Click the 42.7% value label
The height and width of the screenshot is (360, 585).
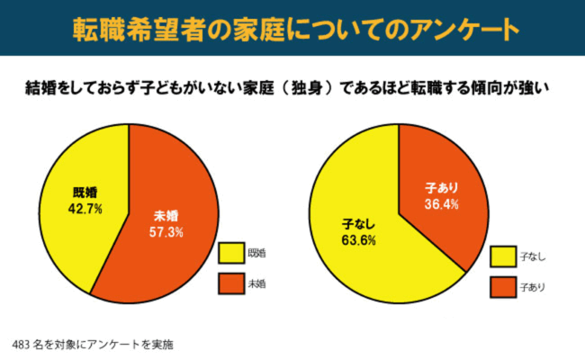[85, 208]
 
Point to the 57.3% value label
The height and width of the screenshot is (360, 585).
[166, 231]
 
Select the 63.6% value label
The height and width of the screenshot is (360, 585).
[358, 240]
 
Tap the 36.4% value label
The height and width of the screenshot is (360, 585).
[441, 204]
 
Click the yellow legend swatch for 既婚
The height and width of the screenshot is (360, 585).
[231, 253]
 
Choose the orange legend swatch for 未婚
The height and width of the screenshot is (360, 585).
[231, 283]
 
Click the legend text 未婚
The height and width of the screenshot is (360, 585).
[257, 283]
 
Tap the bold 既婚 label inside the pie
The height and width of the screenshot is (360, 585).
[85, 192]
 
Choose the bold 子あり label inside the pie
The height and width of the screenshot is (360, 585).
[441, 188]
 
